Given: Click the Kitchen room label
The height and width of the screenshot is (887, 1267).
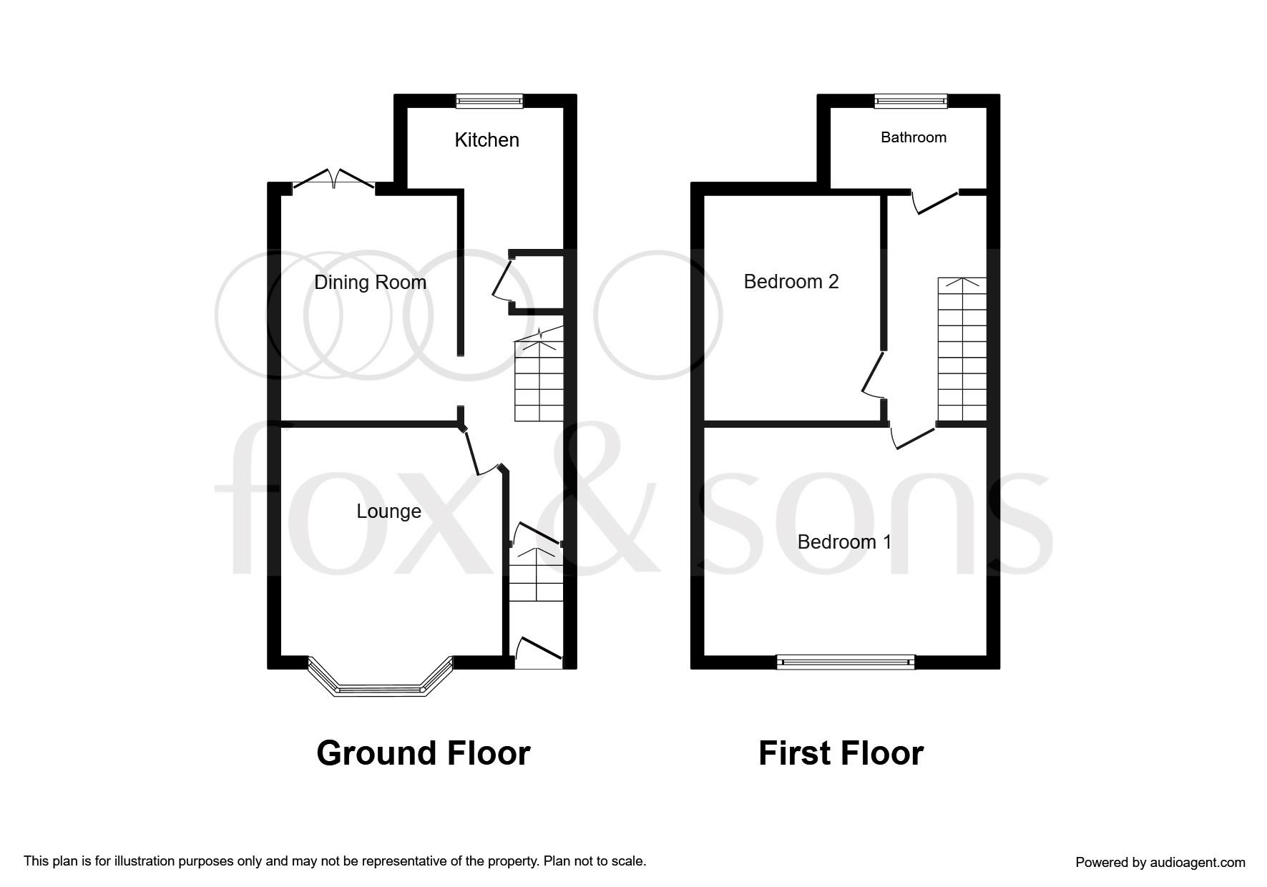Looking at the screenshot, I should pos(486,139).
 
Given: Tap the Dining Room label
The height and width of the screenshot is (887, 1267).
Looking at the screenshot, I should pos(370,283).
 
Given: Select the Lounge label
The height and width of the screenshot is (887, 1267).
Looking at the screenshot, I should pos(388,511).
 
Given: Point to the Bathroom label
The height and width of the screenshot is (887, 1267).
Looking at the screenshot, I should pos(913,137).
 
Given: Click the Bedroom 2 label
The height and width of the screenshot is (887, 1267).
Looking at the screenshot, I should pos(791,282).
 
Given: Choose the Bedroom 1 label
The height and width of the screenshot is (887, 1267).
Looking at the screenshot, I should pos(844,542).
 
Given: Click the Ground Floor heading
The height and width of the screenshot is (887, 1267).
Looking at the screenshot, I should pos(423,753).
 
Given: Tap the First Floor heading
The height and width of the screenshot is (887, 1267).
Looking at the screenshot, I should pos(841,753).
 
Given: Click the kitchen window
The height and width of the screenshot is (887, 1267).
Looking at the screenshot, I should pos(490,102).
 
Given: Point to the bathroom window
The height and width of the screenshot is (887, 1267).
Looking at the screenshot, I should pos(911,102).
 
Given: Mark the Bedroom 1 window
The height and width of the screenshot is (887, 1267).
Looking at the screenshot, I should pos(846,662).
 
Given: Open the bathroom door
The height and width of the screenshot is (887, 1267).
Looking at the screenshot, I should pos(936,202).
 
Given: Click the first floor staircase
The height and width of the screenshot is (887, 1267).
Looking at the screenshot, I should pos(962,351).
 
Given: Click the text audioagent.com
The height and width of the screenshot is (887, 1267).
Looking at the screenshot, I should pos(1197,863).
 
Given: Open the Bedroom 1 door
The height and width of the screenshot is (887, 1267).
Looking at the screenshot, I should pos(913,437).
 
